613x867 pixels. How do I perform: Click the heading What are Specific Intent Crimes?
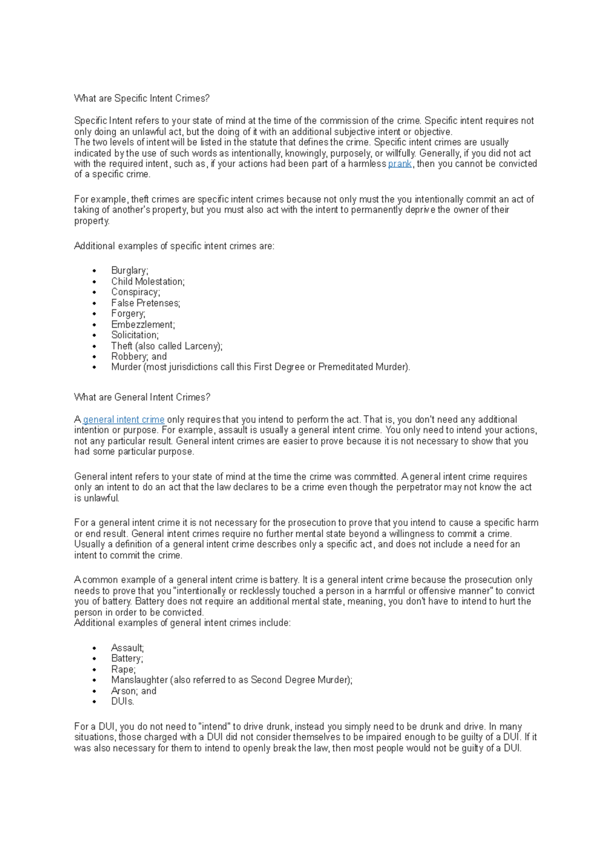tap(142, 98)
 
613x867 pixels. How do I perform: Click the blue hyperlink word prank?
tap(399, 164)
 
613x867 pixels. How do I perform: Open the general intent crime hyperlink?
tap(124, 420)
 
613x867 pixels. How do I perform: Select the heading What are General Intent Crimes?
tap(142, 397)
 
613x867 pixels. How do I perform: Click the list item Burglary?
tap(129, 271)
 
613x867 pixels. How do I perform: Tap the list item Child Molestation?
tap(148, 281)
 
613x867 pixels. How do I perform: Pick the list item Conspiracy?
tap(135, 292)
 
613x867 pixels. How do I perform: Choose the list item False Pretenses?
tap(146, 303)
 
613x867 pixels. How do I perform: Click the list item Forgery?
tap(128, 314)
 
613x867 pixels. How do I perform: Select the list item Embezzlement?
tap(143, 325)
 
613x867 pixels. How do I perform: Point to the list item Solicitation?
tap(135, 335)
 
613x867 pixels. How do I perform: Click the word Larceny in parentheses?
tap(202, 346)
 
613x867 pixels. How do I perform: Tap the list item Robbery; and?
tap(139, 356)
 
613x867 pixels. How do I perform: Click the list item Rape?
tap(123, 669)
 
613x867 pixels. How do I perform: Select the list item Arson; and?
tap(134, 691)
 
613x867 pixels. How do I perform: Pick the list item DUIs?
tap(123, 702)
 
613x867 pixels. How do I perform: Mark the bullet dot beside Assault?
tap(95, 648)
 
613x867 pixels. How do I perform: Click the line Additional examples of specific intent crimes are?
tap(174, 246)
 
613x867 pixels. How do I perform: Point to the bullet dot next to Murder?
tap(95, 367)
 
